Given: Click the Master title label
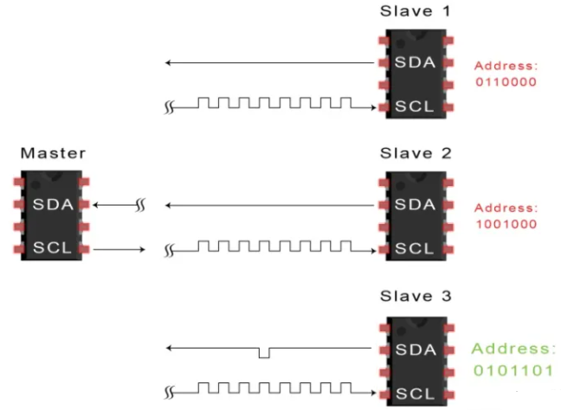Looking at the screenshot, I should coord(53,153).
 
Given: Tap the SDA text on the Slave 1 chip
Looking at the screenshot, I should coord(414,63).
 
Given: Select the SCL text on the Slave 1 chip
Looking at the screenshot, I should coord(414,106).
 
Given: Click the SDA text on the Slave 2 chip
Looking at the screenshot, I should coord(414,205).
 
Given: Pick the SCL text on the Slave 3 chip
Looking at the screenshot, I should coord(414,392).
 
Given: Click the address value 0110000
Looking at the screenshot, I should coord(506,83).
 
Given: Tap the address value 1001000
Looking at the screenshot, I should coord(506,225).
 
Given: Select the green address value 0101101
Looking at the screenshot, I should coord(512,370).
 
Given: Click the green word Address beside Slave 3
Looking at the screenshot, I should coord(512,349).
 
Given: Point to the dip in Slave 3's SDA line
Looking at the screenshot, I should coord(264,353).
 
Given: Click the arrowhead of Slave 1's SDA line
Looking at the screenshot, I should coord(170,63).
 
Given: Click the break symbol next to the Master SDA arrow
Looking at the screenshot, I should coord(144,206).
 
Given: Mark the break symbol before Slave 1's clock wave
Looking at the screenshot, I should coord(170,107).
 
